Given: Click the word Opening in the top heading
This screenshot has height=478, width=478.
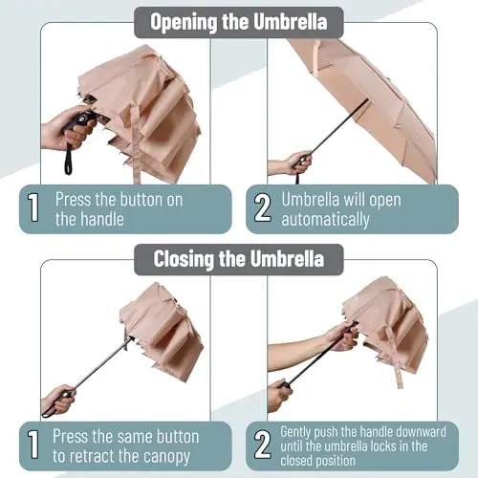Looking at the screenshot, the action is click(184, 22).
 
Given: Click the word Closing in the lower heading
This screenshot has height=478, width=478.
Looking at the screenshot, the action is click(184, 259).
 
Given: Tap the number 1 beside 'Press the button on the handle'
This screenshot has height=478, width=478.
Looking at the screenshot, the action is click(33, 207).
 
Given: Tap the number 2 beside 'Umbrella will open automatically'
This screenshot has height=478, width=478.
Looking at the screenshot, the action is click(263, 207).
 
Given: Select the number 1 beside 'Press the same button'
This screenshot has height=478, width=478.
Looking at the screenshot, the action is click(33, 445).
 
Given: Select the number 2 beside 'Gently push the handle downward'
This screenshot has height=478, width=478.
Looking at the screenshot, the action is click(263, 445).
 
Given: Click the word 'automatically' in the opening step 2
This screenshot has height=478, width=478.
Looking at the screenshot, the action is click(325, 220).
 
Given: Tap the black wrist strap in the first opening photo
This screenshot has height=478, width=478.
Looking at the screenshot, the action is click(68, 160).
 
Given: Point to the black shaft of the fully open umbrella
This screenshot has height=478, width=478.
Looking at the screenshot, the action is click(338, 128).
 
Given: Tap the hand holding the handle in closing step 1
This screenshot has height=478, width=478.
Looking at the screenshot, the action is click(58, 399).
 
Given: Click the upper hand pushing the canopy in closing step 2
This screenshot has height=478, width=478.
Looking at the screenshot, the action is click(341, 336).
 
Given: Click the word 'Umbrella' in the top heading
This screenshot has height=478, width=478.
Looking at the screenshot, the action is click(291, 22).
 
